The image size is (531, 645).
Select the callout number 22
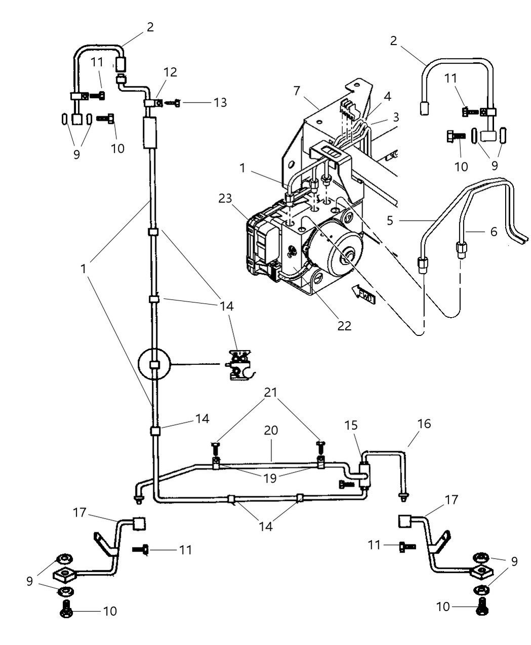click(x=344, y=326)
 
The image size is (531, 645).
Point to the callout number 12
click(x=170, y=72)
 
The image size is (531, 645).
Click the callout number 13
click(x=220, y=103)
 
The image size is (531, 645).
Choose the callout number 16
click(x=424, y=423)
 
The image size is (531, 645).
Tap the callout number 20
click(x=271, y=431)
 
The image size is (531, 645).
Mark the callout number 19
click(x=270, y=478)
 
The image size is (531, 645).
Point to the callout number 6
click(x=493, y=232)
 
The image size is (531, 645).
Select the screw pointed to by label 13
click(x=175, y=103)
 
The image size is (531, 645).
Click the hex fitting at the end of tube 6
click(x=461, y=248)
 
